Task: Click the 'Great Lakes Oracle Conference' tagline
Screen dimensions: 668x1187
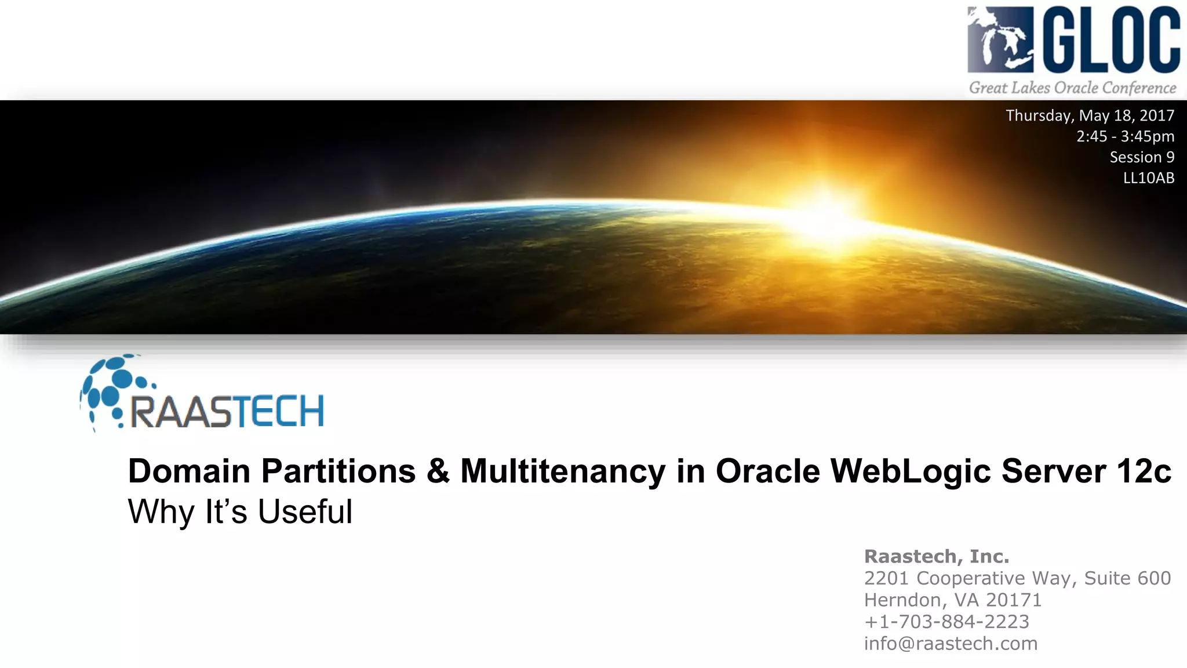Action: point(1073,88)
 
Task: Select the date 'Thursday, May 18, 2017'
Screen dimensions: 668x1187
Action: point(1090,115)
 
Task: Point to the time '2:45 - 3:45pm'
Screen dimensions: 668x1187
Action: point(1125,136)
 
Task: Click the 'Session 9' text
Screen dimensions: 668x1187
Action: point(1142,157)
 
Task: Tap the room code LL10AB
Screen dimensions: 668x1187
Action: point(1149,178)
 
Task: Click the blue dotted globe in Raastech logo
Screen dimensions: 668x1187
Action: point(113,389)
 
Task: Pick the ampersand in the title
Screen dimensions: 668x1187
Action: point(438,471)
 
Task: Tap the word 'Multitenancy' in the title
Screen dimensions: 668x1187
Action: point(562,471)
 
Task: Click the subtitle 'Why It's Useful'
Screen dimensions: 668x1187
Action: point(240,512)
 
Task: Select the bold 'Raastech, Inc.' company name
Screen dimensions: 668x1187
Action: point(937,557)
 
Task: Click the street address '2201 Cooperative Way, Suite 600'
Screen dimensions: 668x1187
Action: point(1017,578)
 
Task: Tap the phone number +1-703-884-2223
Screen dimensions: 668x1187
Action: point(946,622)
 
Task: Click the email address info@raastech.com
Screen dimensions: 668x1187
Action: point(951,644)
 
